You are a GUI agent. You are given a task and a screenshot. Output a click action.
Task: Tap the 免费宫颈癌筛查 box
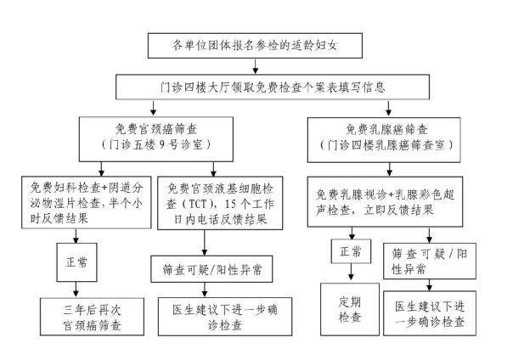150,136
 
